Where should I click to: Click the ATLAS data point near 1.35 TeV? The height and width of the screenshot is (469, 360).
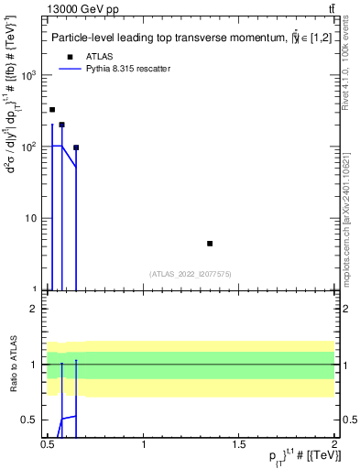point(210,244)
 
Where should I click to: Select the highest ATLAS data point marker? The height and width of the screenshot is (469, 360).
point(52,110)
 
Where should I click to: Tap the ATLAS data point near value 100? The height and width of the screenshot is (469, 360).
point(76,147)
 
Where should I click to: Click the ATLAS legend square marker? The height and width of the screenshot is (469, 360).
point(68,56)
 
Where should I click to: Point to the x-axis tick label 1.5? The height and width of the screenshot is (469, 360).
point(240,444)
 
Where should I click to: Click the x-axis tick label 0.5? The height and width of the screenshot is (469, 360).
point(47,444)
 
